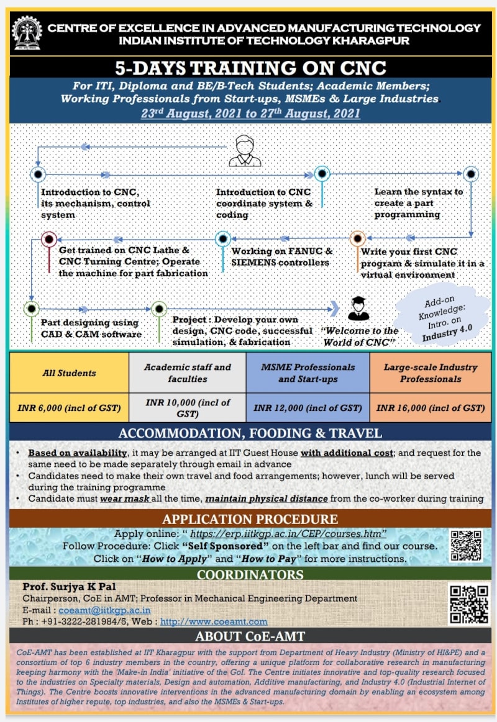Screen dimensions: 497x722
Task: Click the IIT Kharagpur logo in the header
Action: tap(27, 33)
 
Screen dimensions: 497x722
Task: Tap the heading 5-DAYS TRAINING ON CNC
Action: tap(250, 68)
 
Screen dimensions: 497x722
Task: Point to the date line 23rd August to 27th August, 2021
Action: tap(250, 113)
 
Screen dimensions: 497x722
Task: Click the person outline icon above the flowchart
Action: tap(245, 151)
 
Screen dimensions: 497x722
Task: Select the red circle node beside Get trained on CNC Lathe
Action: tap(49, 240)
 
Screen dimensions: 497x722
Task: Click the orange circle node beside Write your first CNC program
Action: tap(357, 238)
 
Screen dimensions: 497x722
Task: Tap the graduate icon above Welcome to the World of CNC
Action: tap(358, 309)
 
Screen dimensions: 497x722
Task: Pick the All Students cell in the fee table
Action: tap(69, 373)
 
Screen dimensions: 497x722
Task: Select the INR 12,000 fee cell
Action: tap(308, 407)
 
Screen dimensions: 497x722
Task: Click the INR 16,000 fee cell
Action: tap(430, 407)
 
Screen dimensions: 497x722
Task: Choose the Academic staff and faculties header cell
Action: tap(188, 373)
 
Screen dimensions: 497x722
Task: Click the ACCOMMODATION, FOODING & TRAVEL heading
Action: tap(250, 433)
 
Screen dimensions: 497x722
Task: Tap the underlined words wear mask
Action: tap(125, 499)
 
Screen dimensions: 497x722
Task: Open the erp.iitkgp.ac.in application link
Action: tap(288, 534)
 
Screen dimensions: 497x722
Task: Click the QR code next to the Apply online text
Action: tap(466, 546)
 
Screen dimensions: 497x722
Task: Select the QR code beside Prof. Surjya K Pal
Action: tap(469, 604)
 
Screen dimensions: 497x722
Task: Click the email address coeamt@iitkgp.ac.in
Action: tap(104, 610)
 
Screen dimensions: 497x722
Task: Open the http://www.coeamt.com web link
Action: tap(214, 621)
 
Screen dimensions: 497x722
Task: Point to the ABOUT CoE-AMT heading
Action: tap(250, 636)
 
